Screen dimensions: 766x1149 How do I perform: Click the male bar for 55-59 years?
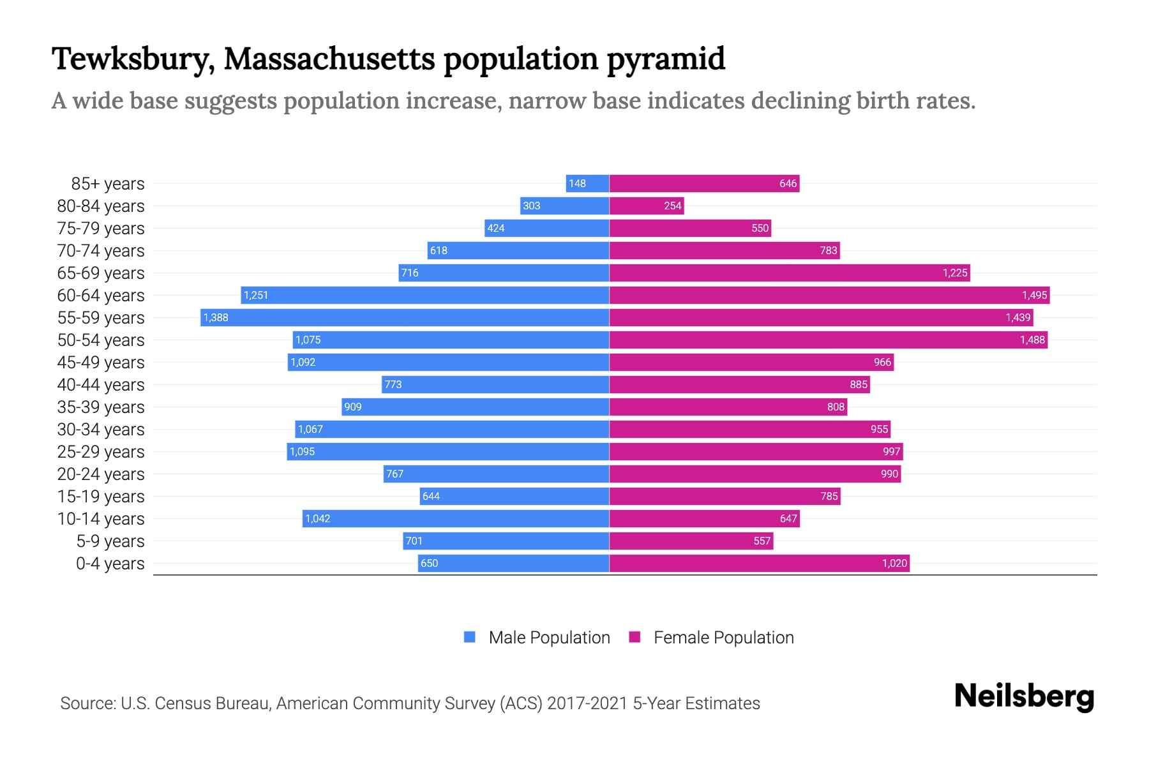pyautogui.click(x=405, y=317)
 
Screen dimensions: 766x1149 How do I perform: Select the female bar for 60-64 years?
pyautogui.click(x=829, y=295)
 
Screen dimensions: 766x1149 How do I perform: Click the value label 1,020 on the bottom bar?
pyautogui.click(x=894, y=563)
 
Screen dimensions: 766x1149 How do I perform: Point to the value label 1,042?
pyautogui.click(x=318, y=518)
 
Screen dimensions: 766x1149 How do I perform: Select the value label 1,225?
pyautogui.click(x=955, y=273)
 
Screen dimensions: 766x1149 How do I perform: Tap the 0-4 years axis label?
pyautogui.click(x=110, y=563)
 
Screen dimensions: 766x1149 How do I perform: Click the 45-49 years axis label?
pyautogui.click(x=101, y=362)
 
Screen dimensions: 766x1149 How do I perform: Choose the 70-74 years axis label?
pyautogui.click(x=101, y=250)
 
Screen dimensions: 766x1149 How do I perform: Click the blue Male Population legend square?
pyautogui.click(x=470, y=637)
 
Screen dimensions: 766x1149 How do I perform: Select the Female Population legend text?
pyautogui.click(x=723, y=637)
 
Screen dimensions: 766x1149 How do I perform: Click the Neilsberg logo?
pyautogui.click(x=1024, y=696)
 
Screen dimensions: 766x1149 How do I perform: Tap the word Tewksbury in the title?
pyautogui.click(x=131, y=59)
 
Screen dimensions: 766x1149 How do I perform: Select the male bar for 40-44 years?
pyautogui.click(x=495, y=384)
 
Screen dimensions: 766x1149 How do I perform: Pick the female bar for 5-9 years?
pyautogui.click(x=691, y=541)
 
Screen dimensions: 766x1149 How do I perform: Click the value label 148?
pyautogui.click(x=577, y=183)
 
